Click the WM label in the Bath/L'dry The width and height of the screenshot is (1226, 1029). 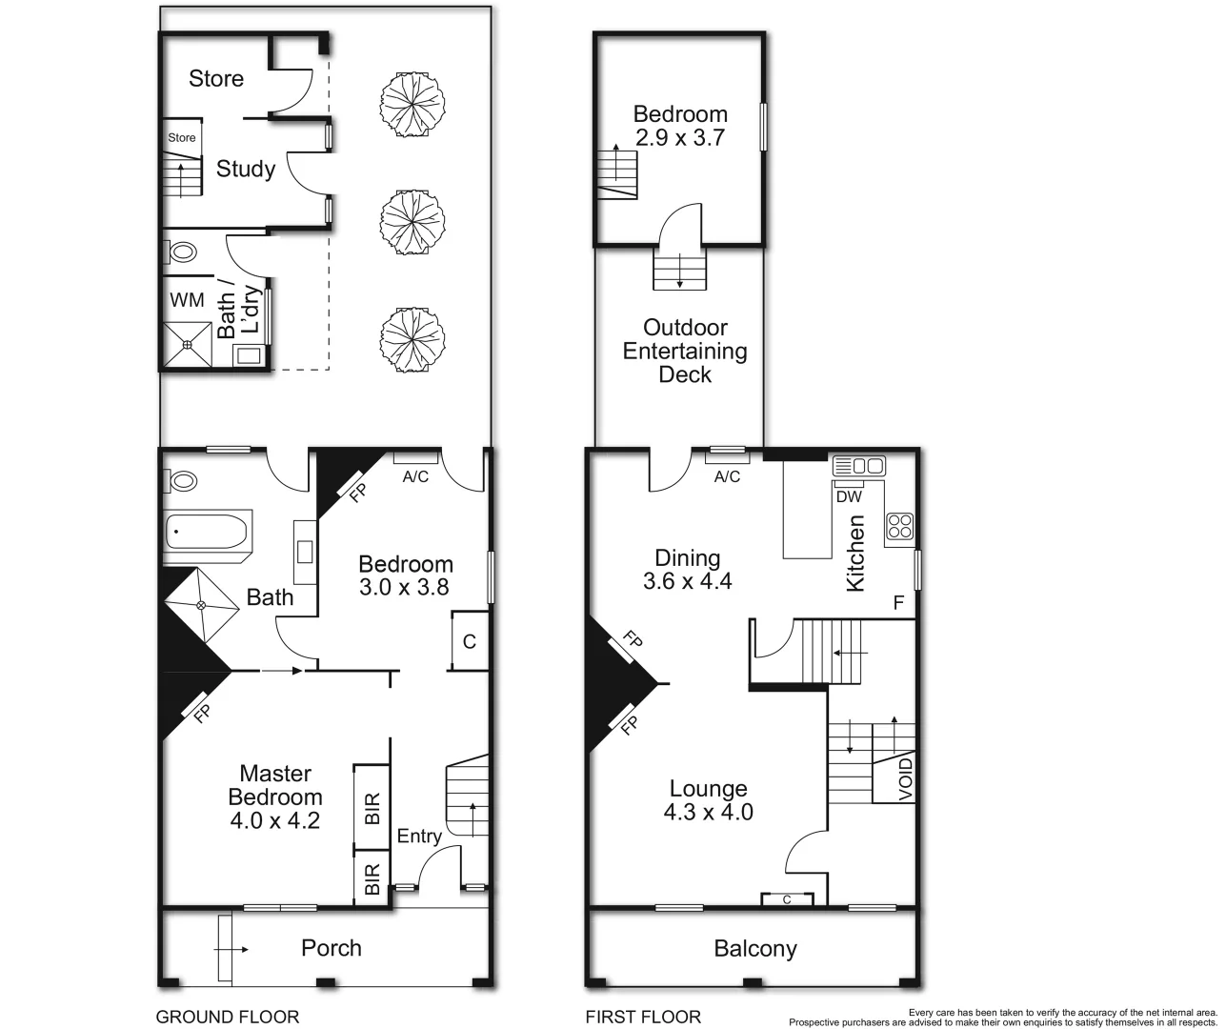click(x=187, y=299)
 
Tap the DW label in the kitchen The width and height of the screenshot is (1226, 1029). click(x=848, y=496)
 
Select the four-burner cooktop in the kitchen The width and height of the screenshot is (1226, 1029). click(x=900, y=526)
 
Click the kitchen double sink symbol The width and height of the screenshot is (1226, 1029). click(x=858, y=466)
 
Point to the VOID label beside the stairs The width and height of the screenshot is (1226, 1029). click(x=906, y=778)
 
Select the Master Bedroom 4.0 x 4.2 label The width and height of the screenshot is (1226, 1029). click(x=275, y=797)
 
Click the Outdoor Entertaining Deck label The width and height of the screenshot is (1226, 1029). click(x=685, y=351)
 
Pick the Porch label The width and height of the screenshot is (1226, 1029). click(x=332, y=948)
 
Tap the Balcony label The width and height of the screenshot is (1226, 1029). click(x=755, y=948)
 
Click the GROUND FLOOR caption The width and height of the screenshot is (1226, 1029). click(x=228, y=1017)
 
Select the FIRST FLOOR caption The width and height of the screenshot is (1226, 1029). click(x=643, y=1017)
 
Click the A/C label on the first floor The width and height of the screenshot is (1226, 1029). click(x=727, y=476)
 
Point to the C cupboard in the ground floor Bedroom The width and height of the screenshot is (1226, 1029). click(x=469, y=641)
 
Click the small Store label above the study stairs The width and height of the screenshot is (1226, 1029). click(x=182, y=137)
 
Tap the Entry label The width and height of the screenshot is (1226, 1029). click(x=419, y=836)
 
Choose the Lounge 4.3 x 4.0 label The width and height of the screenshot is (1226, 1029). click(x=709, y=800)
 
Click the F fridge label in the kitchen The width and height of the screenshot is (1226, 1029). click(x=897, y=602)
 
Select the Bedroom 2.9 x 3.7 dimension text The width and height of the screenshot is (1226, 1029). click(x=680, y=137)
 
